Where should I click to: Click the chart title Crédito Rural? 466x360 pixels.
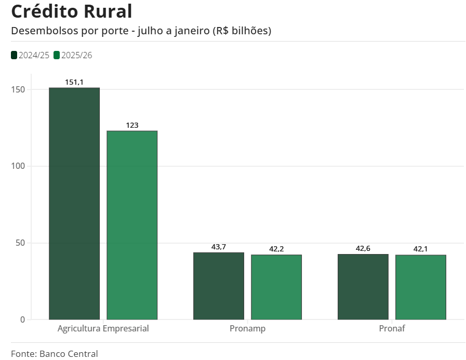point(71,11)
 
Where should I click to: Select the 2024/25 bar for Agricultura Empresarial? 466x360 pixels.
point(74,204)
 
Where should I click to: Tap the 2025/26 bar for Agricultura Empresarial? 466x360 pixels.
point(132,225)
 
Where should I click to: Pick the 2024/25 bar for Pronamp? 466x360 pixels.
point(219,286)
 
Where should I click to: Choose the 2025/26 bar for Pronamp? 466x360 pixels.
point(276,287)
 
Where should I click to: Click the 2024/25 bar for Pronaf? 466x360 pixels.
point(363,287)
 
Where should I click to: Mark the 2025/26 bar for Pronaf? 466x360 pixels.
point(421,287)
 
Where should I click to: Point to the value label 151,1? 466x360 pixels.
point(74,82)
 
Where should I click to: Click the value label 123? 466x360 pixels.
point(132,125)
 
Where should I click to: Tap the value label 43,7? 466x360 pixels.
point(219,247)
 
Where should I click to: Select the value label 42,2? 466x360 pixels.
point(276,249)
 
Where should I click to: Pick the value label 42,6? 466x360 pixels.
point(363,248)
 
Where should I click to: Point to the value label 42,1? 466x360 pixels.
point(421,249)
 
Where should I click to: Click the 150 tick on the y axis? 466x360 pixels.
point(19,89)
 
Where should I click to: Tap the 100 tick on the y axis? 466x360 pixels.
point(19,166)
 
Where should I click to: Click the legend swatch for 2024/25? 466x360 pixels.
point(14,55)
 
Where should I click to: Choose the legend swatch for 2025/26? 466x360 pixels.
point(57,55)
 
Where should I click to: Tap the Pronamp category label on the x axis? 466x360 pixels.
point(247,328)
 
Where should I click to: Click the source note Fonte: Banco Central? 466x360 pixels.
point(54,354)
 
